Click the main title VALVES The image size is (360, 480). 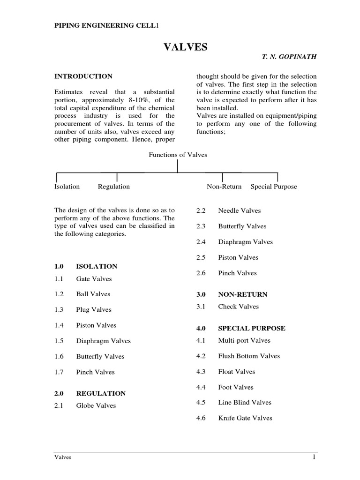[185, 47]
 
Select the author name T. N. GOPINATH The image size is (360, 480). [289, 56]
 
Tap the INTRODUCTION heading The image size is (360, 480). [83, 76]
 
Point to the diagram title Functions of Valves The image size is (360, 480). [178, 155]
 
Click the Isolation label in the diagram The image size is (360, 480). [67, 187]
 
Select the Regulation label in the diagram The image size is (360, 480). [114, 187]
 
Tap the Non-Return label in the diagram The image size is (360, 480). [224, 187]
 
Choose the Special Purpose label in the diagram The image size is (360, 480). [274, 187]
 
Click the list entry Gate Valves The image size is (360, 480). [94, 279]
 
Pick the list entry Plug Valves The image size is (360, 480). [94, 310]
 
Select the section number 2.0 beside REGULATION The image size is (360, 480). [60, 393]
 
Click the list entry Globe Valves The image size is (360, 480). [96, 405]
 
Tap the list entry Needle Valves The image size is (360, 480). [240, 211]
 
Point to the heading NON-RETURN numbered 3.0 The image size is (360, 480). [242, 294]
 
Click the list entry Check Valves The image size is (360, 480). [238, 307]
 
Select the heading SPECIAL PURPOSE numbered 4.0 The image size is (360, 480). [251, 328]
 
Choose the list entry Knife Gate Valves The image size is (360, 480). [245, 418]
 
